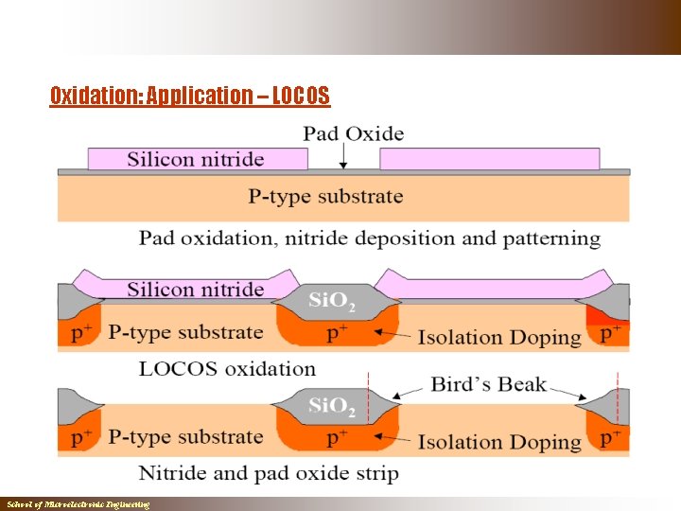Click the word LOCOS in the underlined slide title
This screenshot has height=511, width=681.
point(300,96)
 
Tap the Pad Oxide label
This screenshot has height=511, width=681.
point(353,133)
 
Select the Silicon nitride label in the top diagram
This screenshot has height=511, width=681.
point(196,159)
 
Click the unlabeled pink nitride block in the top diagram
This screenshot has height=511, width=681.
point(489,159)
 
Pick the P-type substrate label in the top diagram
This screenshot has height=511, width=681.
point(325,197)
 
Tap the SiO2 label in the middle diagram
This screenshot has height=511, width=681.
point(332,302)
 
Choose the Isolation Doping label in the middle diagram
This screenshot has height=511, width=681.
point(499,337)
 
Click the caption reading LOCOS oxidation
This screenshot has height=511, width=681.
point(227,368)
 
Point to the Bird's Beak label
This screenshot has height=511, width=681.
point(488,384)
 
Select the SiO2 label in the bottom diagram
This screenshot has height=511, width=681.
point(332,407)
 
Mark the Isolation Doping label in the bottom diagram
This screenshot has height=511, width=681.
point(499,441)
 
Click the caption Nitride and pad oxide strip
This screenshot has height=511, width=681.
point(269,472)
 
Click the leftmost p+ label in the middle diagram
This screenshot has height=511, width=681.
point(82,333)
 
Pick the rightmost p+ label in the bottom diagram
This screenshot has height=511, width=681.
point(611,438)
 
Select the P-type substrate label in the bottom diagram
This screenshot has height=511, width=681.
point(185,437)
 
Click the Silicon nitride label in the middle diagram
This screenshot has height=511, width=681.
point(196,290)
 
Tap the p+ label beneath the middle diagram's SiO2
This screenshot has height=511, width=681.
point(337,333)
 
